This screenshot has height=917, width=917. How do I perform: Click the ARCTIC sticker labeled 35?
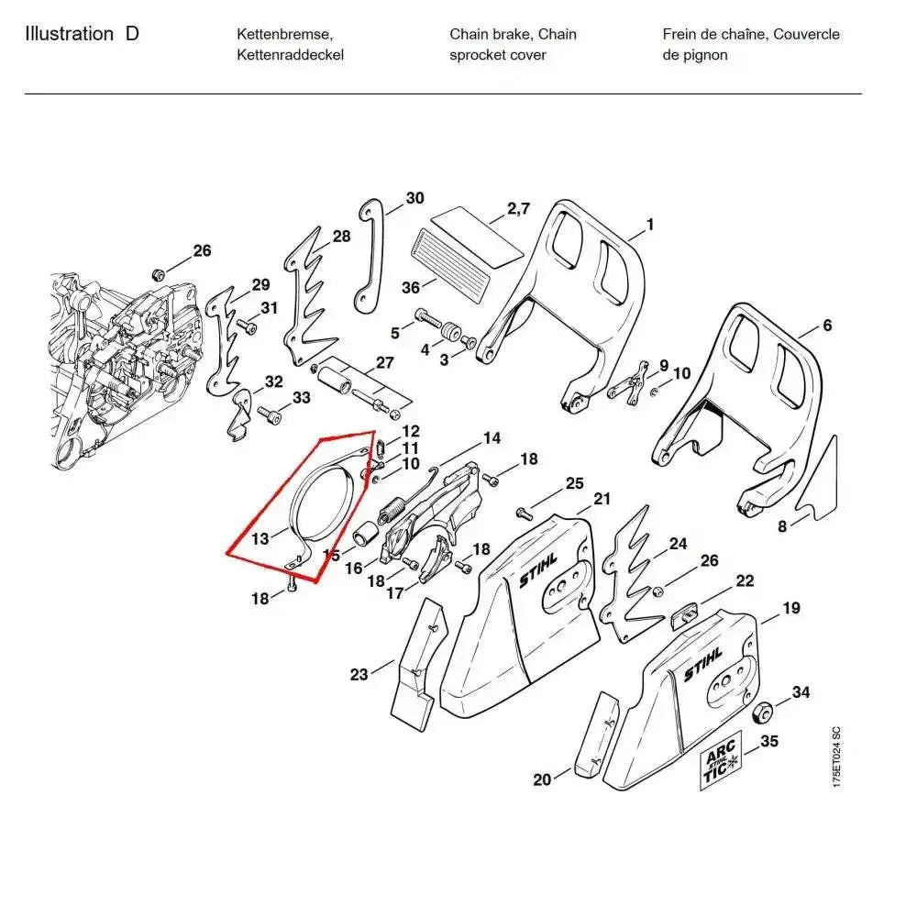[x=721, y=767]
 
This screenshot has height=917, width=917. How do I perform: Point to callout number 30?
[x=414, y=198]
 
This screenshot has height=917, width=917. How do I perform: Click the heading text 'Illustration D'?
[x=83, y=35]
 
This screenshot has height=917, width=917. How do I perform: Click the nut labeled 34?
[x=759, y=714]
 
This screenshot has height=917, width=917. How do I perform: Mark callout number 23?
[x=359, y=675]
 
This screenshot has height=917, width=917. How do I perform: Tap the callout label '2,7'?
[x=518, y=209]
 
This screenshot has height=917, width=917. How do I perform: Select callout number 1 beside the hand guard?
[x=649, y=224]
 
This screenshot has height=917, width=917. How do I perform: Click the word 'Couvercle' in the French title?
[x=806, y=35]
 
